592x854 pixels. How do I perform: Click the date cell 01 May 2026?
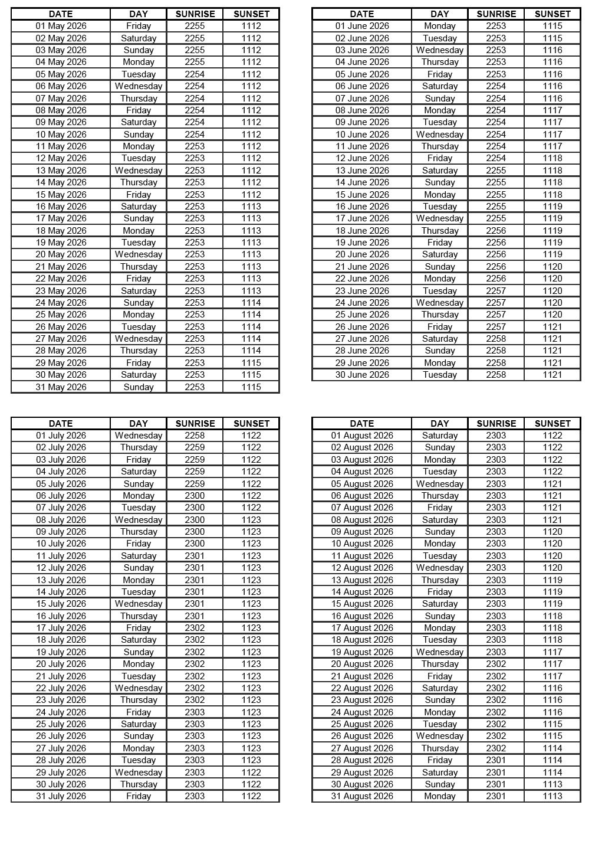[x=61, y=26]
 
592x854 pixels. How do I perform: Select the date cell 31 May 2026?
[x=61, y=387]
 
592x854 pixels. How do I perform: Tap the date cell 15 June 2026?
[x=362, y=195]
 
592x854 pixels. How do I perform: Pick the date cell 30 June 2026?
[x=362, y=375]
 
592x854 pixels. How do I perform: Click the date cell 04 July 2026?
[x=61, y=472]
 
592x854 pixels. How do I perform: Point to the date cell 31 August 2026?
[x=362, y=796]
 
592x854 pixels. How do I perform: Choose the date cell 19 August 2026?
[x=362, y=652]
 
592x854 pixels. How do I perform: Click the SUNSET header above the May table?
[x=251, y=14]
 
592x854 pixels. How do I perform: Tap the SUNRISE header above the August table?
[x=496, y=423]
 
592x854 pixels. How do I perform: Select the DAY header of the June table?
[x=439, y=14]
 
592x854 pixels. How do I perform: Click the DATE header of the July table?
[x=61, y=423]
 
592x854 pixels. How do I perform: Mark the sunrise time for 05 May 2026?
[x=195, y=74]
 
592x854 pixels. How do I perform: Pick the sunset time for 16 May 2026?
[x=251, y=207]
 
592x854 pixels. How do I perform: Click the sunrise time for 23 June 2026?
[x=496, y=291]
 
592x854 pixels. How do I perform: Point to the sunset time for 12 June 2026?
[x=552, y=158]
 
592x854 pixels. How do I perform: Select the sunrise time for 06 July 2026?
[x=195, y=496]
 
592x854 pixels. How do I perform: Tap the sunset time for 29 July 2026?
[x=251, y=773]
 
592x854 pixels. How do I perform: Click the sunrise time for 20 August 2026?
[x=496, y=664]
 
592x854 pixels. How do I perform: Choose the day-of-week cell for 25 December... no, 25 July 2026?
[x=139, y=724]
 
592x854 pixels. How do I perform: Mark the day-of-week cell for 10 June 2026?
[x=439, y=135]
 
